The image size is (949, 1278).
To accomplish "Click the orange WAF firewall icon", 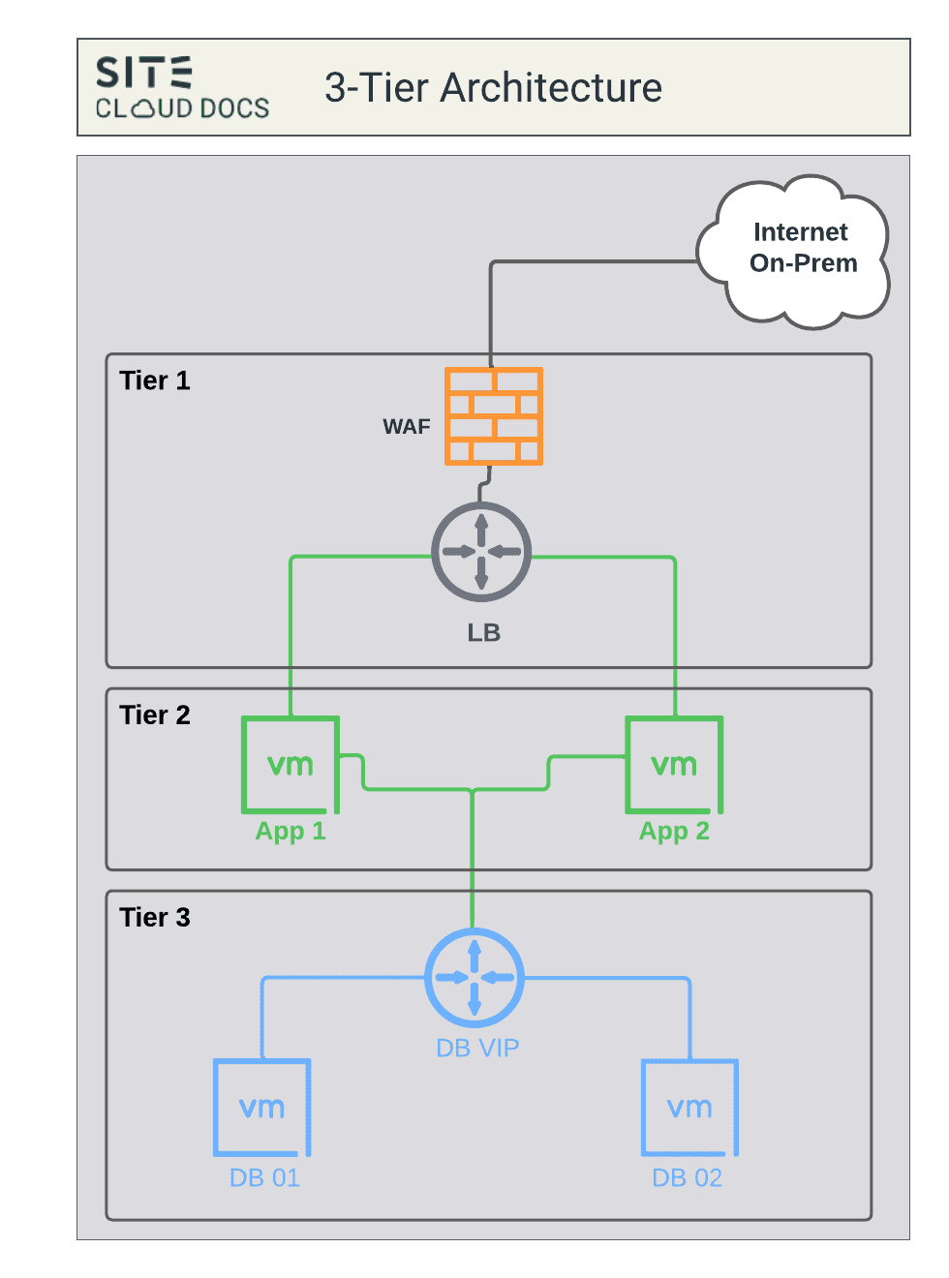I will pyautogui.click(x=494, y=416).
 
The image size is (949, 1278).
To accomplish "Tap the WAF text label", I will pyautogui.click(x=407, y=427).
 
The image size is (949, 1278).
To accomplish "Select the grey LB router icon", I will pyautogui.click(x=481, y=552).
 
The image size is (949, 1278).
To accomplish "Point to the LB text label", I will pyautogui.click(x=483, y=632).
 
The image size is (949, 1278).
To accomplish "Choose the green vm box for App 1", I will pyautogui.click(x=291, y=765).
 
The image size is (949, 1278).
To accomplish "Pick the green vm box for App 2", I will pyautogui.click(x=674, y=765).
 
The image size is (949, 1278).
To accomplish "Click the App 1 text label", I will pyautogui.click(x=291, y=831).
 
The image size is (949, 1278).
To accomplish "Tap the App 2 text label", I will pyautogui.click(x=674, y=831).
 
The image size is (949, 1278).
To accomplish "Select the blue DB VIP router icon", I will pyautogui.click(x=474, y=978).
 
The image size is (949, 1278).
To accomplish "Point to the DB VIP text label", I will pyautogui.click(x=477, y=1048).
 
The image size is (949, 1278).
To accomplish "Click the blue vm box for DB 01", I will pyautogui.click(x=262, y=1108).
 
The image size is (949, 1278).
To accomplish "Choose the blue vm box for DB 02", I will pyautogui.click(x=689, y=1108).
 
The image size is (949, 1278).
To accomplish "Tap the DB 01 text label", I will pyautogui.click(x=264, y=1177).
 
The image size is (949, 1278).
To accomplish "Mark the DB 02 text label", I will pyautogui.click(x=687, y=1177).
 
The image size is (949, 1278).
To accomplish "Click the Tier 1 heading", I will pyautogui.click(x=155, y=380).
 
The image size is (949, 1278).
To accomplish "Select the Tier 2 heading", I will pyautogui.click(x=155, y=715).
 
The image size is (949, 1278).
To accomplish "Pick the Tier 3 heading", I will pyautogui.click(x=155, y=918).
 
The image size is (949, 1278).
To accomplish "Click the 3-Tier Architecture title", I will pyautogui.click(x=493, y=88).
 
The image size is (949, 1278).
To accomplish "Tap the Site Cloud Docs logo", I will pyautogui.click(x=182, y=87).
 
